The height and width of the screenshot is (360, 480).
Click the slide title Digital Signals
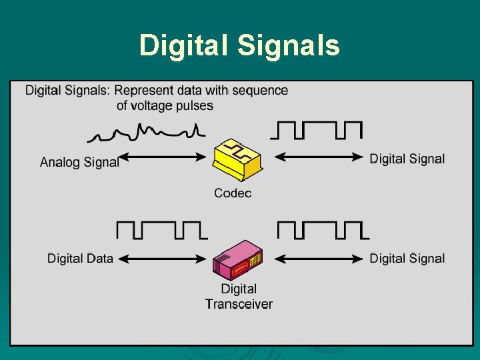[239, 46]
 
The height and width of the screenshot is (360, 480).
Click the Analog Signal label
[79, 162]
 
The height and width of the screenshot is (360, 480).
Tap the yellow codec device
[236, 160]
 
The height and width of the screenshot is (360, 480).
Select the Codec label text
[233, 193]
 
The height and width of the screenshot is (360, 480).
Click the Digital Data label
[80, 258]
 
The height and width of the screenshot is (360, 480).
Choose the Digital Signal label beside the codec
[407, 159]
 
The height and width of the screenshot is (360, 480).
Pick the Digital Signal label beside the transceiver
[407, 258]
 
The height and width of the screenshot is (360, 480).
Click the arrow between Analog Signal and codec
[164, 157]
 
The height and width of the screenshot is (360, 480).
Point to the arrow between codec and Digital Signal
[319, 157]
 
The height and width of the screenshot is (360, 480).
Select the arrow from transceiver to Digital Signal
[319, 258]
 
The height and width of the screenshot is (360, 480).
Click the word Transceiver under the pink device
[239, 304]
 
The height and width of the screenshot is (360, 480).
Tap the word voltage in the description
[153, 105]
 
